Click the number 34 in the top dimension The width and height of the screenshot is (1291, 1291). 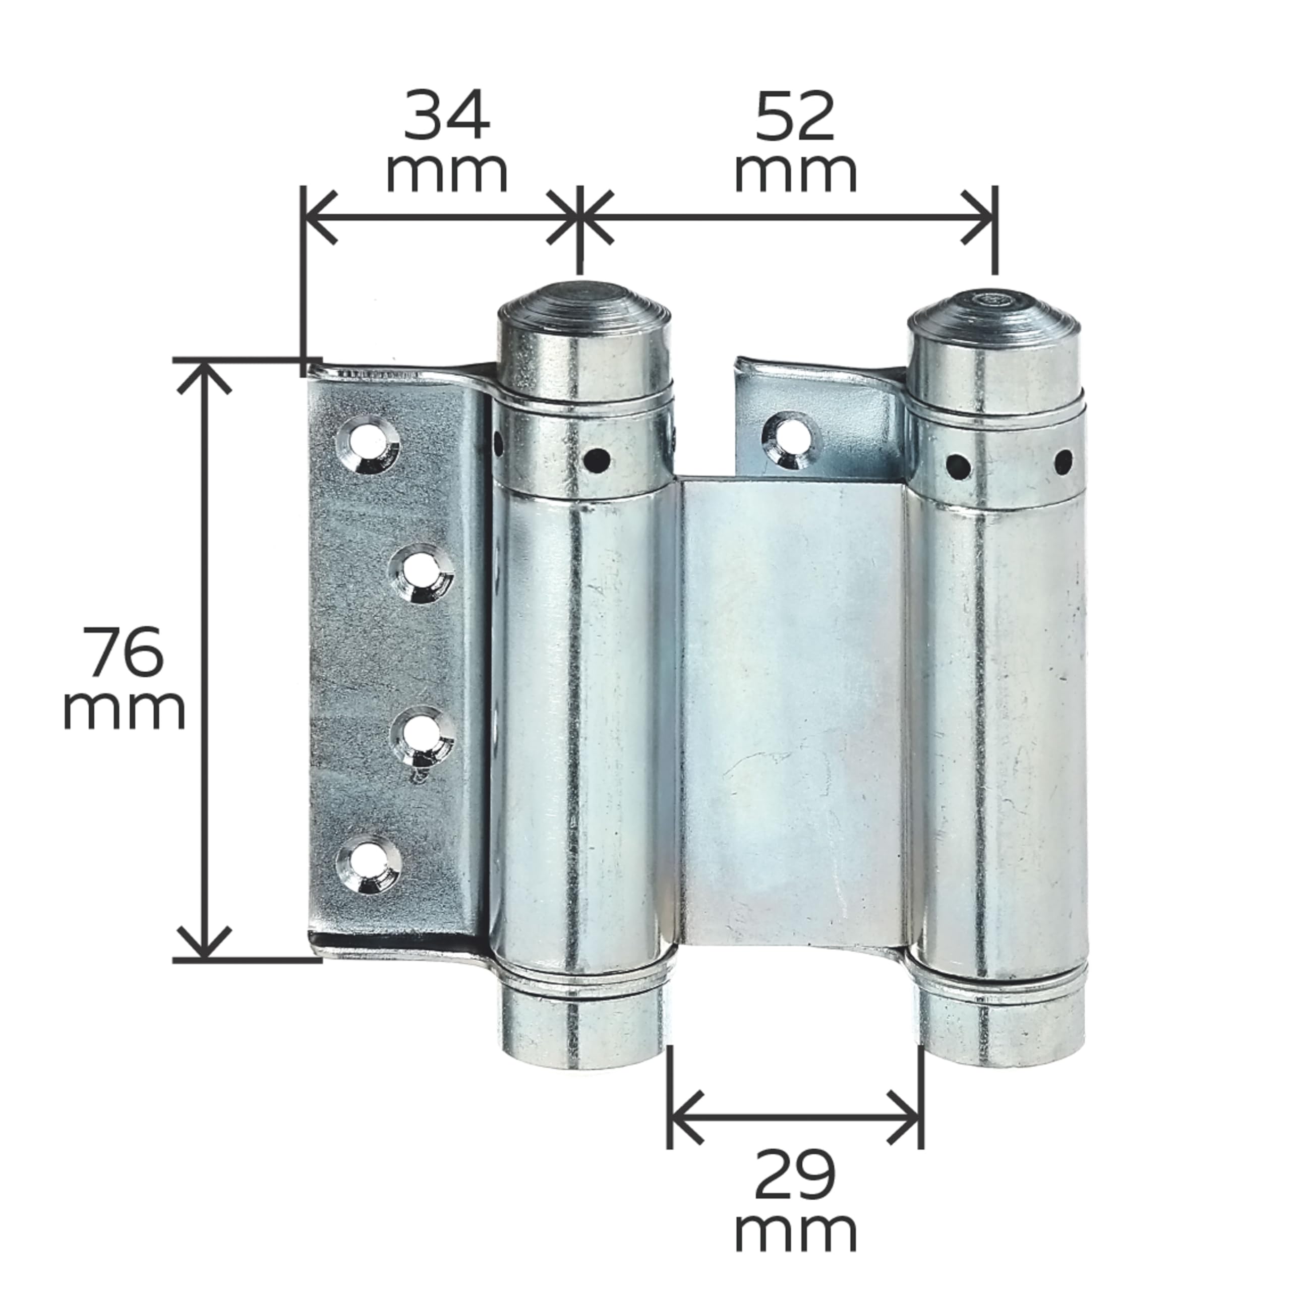tap(446, 117)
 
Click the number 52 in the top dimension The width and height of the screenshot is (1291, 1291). tap(795, 117)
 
